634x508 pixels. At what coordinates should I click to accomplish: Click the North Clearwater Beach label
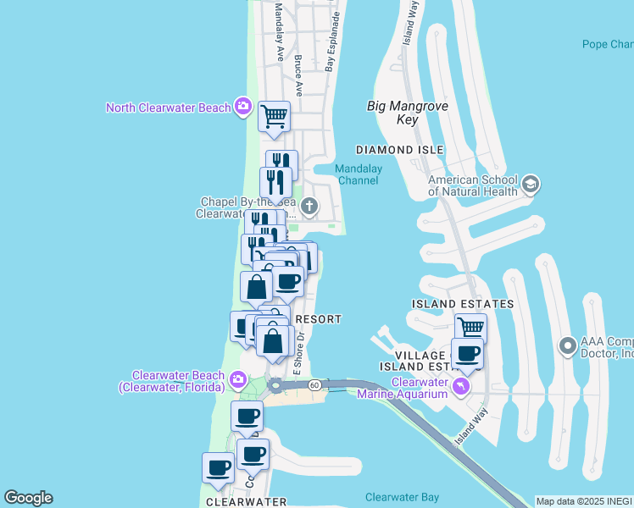[x=168, y=108]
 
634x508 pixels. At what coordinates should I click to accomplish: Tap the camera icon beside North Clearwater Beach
[x=243, y=106]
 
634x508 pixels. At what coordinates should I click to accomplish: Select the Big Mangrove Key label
[x=408, y=113]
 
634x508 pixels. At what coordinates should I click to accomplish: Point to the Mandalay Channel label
[x=359, y=174]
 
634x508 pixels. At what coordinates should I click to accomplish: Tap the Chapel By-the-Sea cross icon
[x=310, y=205]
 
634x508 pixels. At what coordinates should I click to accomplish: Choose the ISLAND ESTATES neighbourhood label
[x=463, y=303]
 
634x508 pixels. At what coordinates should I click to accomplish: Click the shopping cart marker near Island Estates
[x=470, y=327]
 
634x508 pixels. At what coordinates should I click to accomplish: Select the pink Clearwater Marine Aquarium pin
[x=461, y=387]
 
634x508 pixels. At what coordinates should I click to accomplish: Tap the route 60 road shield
[x=314, y=385]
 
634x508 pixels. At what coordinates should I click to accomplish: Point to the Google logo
[x=28, y=498]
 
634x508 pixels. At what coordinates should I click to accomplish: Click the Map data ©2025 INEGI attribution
[x=584, y=501]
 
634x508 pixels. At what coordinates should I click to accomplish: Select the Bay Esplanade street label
[x=334, y=41]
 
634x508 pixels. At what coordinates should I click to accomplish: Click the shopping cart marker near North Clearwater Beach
[x=274, y=116]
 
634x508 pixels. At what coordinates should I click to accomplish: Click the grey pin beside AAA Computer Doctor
[x=568, y=345]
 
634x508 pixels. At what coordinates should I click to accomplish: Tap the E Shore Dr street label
[x=298, y=353]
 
